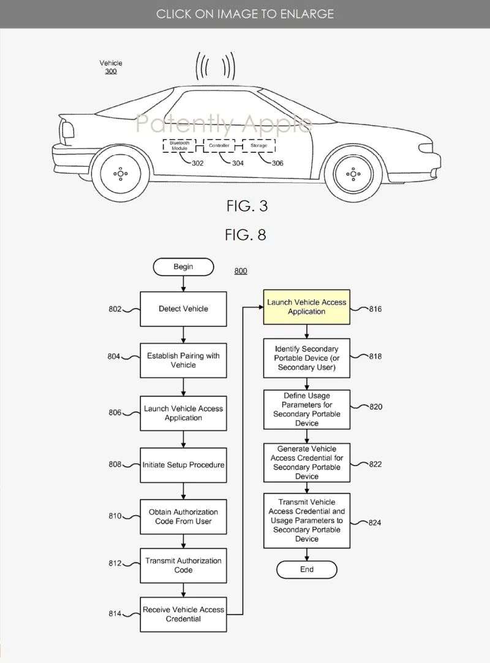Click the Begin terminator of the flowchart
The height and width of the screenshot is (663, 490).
pos(183,267)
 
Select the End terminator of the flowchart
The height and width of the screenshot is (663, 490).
pos(307,569)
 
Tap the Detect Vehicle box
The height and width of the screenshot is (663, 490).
pos(183,309)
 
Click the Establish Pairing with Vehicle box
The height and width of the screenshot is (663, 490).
pos(183,360)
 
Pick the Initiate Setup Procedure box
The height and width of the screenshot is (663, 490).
pos(183,465)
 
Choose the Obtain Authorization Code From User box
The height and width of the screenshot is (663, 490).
pos(183,516)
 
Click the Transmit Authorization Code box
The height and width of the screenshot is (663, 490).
pos(183,565)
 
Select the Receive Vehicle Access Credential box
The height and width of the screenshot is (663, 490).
pos(183,614)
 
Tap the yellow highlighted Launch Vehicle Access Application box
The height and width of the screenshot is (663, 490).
pos(307,307)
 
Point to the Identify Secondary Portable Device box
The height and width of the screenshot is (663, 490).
pos(307,358)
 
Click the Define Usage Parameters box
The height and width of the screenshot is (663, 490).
pos(307,410)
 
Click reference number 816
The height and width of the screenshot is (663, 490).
pos(374,309)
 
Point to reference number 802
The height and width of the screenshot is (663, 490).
pos(116,309)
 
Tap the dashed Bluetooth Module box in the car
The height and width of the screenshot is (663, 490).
pos(179,146)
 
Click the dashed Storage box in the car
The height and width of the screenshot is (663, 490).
pos(258,146)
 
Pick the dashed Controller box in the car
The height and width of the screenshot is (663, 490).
pos(219,146)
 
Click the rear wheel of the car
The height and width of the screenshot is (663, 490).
pos(121,174)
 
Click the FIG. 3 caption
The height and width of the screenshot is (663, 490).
pos(246,206)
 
